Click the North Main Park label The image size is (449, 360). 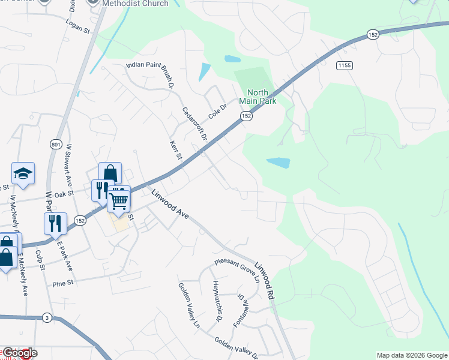(x=262, y=97)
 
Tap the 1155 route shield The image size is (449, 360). (x=344, y=65)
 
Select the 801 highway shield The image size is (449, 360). (x=55, y=145)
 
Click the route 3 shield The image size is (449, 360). (x=47, y=317)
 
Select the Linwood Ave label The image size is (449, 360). (x=170, y=205)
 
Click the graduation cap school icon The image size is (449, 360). (x=23, y=173)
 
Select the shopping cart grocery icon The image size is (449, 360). (x=119, y=201)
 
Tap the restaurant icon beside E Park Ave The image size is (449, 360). (x=55, y=223)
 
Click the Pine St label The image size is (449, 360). (x=62, y=283)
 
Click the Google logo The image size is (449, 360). (x=20, y=353)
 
